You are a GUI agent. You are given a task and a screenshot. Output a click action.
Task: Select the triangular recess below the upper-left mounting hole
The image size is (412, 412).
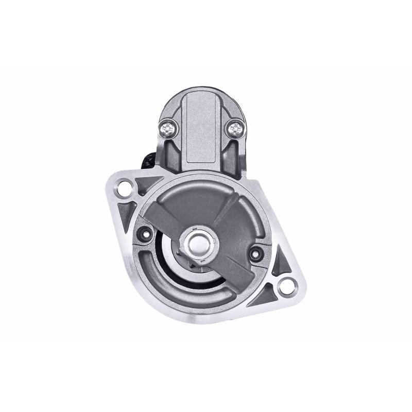tap(124, 211)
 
